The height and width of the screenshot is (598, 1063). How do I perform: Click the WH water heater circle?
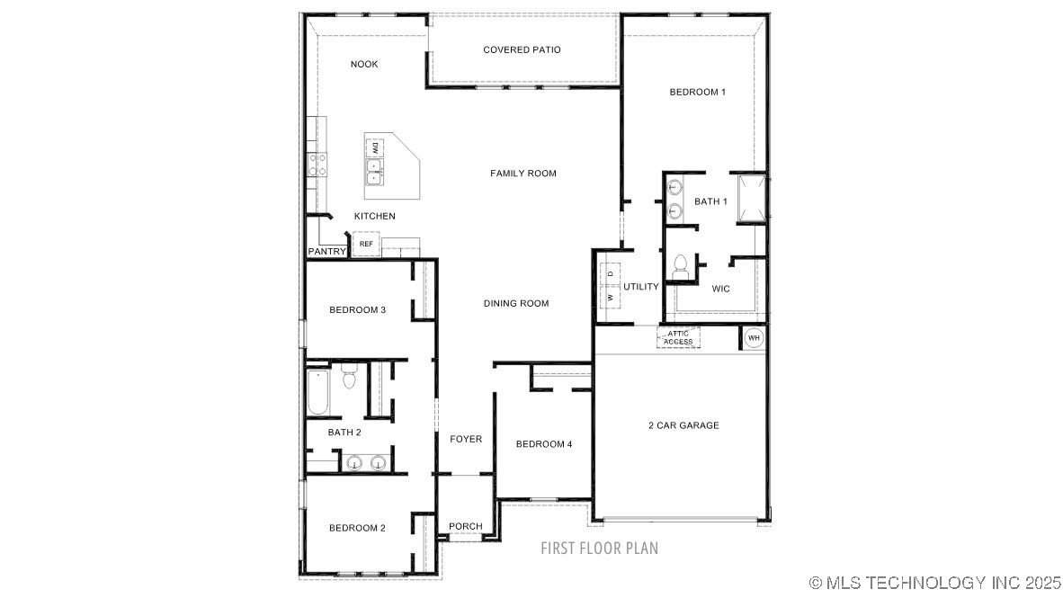click(x=754, y=337)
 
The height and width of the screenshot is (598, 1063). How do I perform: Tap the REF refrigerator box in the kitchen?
click(x=366, y=244)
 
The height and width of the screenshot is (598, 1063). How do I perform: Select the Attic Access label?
click(x=678, y=337)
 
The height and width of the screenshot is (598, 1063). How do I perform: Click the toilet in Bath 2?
click(x=348, y=376)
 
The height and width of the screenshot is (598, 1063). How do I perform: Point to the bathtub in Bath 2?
click(x=317, y=392)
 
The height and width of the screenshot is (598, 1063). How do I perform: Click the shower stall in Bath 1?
click(x=751, y=200)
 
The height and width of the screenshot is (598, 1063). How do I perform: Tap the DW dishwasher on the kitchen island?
click(x=374, y=148)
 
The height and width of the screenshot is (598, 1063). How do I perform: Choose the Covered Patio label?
click(x=522, y=49)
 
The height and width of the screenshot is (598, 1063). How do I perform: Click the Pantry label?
click(x=326, y=252)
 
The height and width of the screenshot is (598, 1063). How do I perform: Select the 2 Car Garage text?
click(x=683, y=425)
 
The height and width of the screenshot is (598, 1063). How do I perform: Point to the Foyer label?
click(x=466, y=440)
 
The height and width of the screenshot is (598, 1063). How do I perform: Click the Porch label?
click(x=466, y=526)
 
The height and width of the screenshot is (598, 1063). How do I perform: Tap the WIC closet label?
click(x=720, y=289)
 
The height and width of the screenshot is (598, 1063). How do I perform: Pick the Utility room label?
click(x=640, y=287)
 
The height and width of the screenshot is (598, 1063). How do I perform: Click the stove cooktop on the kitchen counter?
click(x=317, y=164)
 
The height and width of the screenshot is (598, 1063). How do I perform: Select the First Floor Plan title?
click(x=599, y=548)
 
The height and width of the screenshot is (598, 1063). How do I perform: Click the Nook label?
click(x=364, y=65)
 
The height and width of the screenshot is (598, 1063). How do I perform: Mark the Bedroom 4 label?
click(x=544, y=444)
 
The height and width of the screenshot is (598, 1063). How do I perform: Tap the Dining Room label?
click(x=516, y=304)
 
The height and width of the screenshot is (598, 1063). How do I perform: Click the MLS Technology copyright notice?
click(x=935, y=583)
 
